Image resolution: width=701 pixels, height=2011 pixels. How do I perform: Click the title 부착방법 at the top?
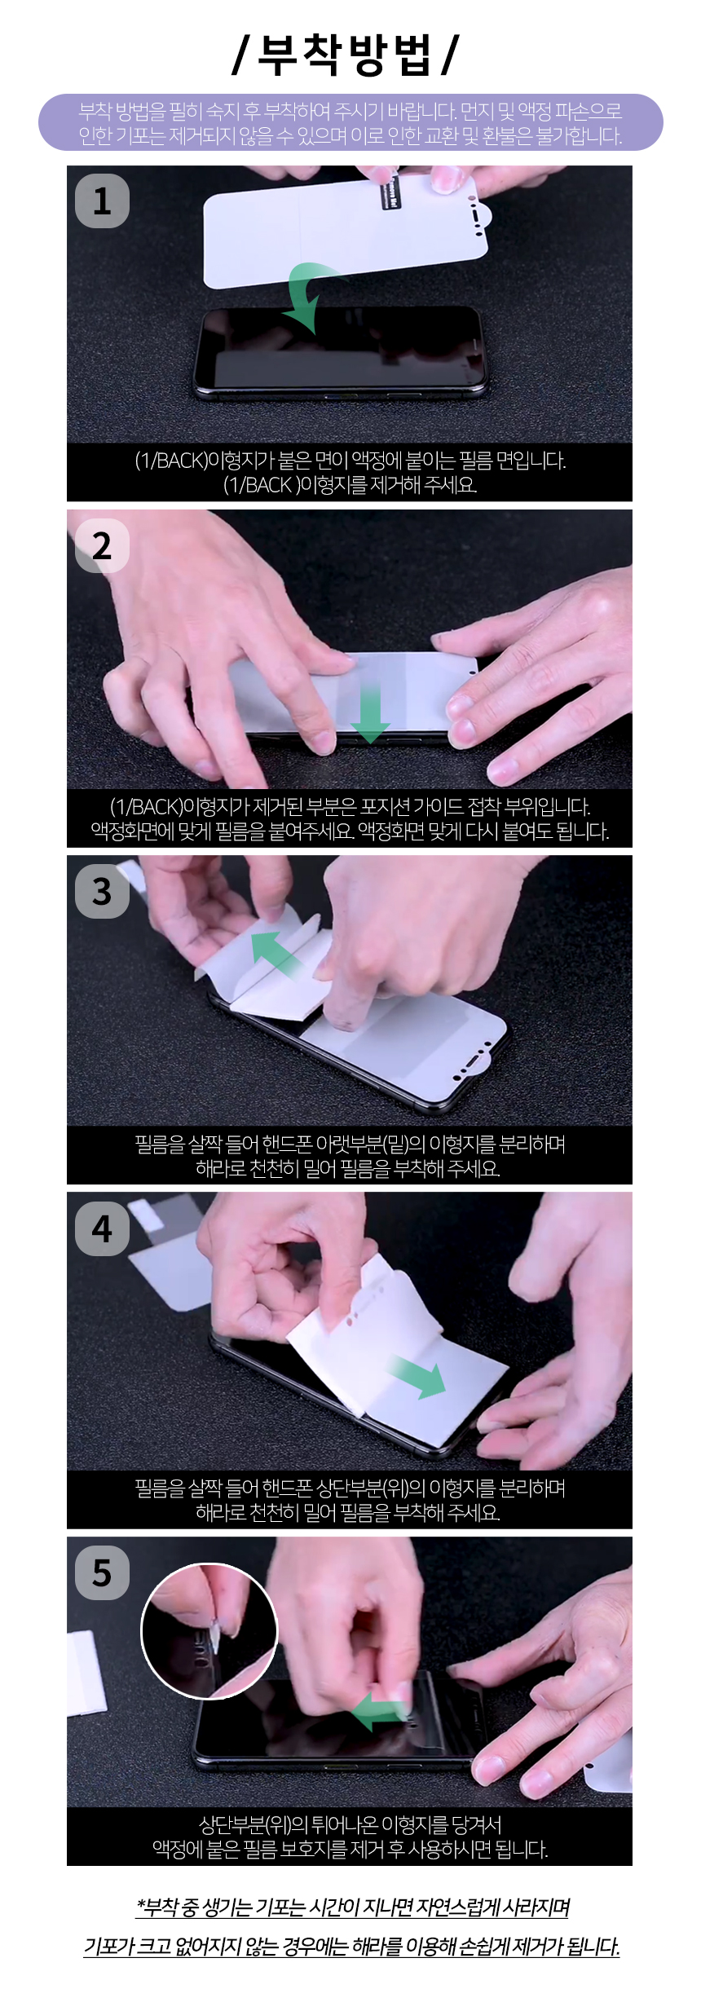coord(346,55)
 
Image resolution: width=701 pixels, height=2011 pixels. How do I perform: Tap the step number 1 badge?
coord(102,201)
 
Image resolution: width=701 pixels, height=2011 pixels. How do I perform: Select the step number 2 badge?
coord(102,545)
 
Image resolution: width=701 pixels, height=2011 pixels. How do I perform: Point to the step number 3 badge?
coord(102,891)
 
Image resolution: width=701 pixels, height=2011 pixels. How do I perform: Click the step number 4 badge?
coord(102,1228)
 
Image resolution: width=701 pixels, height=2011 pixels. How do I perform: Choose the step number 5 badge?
coord(102,1572)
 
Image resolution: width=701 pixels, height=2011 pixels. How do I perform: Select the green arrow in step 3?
coord(277,954)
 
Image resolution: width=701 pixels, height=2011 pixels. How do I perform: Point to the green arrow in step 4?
coord(417,1376)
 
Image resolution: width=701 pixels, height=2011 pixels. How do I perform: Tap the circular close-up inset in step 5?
coord(209,1631)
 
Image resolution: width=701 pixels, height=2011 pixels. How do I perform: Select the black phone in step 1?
coord(341,351)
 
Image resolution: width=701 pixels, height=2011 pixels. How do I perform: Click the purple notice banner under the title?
coord(350,122)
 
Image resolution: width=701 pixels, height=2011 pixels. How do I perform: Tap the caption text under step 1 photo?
coord(350,472)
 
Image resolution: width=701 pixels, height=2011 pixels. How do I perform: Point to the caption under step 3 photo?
coord(350,1155)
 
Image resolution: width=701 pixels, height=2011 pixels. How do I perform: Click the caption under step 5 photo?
coord(350,1837)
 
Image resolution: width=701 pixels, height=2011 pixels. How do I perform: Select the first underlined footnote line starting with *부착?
coord(352,1907)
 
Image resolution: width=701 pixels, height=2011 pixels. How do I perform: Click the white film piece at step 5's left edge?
coord(86,1671)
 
